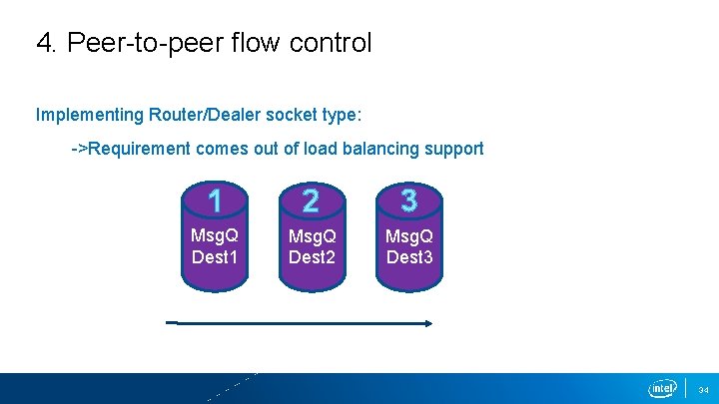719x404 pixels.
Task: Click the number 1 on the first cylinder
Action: (215, 202)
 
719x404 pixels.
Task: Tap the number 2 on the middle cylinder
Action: (312, 202)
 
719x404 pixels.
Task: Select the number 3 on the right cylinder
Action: (409, 202)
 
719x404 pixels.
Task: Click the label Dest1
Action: (215, 257)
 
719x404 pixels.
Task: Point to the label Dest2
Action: (312, 257)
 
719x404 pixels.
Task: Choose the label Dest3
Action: (409, 257)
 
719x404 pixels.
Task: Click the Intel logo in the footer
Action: (663, 388)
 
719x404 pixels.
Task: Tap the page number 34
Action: (703, 389)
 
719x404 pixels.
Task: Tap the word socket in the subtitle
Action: (290, 115)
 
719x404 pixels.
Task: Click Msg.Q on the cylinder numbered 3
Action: (409, 237)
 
